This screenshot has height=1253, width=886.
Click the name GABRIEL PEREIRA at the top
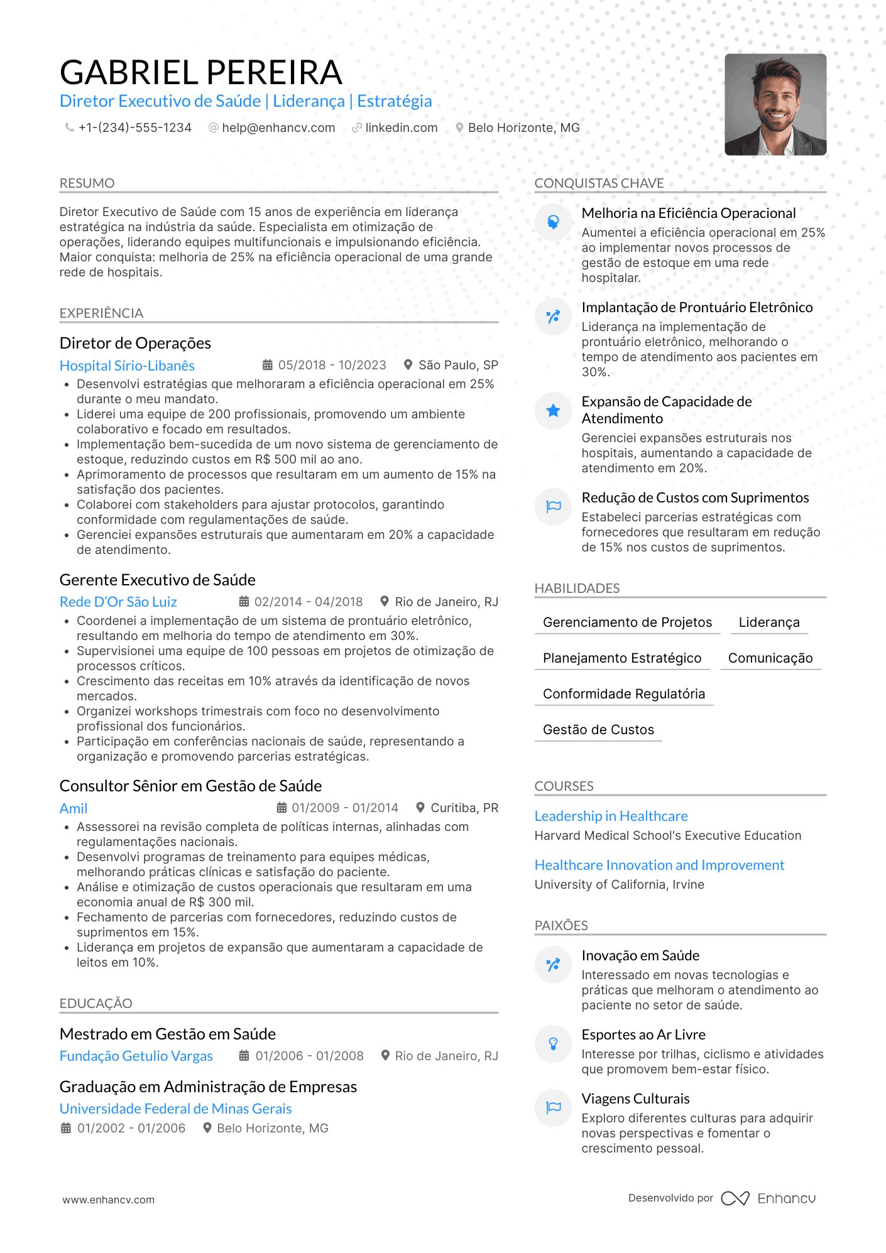click(x=200, y=72)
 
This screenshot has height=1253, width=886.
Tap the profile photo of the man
click(x=775, y=104)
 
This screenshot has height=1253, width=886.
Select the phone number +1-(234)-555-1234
click(x=134, y=128)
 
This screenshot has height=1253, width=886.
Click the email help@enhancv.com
click(x=278, y=128)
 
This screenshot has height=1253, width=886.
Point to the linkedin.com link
click(x=401, y=128)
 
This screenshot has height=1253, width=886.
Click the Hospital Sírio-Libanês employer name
click(x=127, y=366)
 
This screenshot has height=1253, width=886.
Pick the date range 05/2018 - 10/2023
click(x=332, y=366)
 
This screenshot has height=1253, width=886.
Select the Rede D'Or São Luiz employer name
click(x=118, y=602)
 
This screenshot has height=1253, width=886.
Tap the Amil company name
click(x=74, y=808)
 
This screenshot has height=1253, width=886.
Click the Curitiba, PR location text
click(x=464, y=808)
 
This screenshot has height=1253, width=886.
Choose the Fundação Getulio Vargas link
click(x=136, y=1056)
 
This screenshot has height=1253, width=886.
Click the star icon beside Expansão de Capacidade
click(x=553, y=411)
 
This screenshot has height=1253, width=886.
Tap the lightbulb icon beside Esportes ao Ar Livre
click(x=553, y=1044)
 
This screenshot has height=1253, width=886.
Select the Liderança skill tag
click(x=768, y=622)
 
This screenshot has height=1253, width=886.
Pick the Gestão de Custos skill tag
click(x=598, y=730)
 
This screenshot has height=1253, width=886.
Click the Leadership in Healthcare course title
click(x=611, y=816)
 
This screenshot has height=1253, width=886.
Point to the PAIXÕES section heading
click(x=561, y=925)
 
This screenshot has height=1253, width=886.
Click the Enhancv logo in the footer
click(x=768, y=1198)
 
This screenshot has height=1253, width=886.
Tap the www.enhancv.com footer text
click(x=108, y=1200)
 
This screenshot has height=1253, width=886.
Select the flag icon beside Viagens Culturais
click(x=553, y=1107)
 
